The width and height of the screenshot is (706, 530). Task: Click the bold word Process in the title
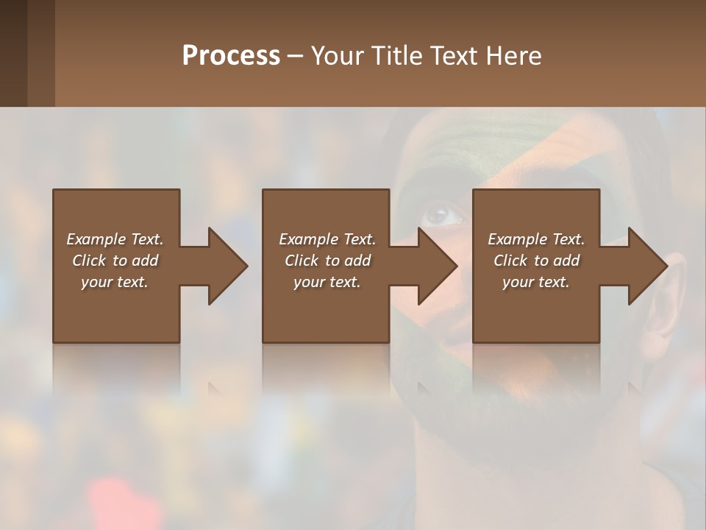pyautogui.click(x=231, y=56)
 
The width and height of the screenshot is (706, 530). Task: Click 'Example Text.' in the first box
pyautogui.click(x=115, y=239)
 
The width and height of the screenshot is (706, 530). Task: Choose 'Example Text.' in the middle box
pyautogui.click(x=327, y=239)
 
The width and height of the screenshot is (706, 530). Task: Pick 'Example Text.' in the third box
pyautogui.click(x=536, y=239)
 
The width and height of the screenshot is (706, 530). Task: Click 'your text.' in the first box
pyautogui.click(x=115, y=282)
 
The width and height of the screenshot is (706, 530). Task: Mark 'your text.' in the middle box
pyautogui.click(x=327, y=282)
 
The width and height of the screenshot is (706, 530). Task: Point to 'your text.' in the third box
pyautogui.click(x=536, y=282)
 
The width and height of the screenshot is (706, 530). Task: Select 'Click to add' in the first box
pyautogui.click(x=115, y=261)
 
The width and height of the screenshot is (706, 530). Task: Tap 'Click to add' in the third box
pyautogui.click(x=536, y=261)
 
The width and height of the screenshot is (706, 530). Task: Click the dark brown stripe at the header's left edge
pyautogui.click(x=13, y=53)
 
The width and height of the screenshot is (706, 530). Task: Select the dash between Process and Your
pyautogui.click(x=296, y=57)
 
